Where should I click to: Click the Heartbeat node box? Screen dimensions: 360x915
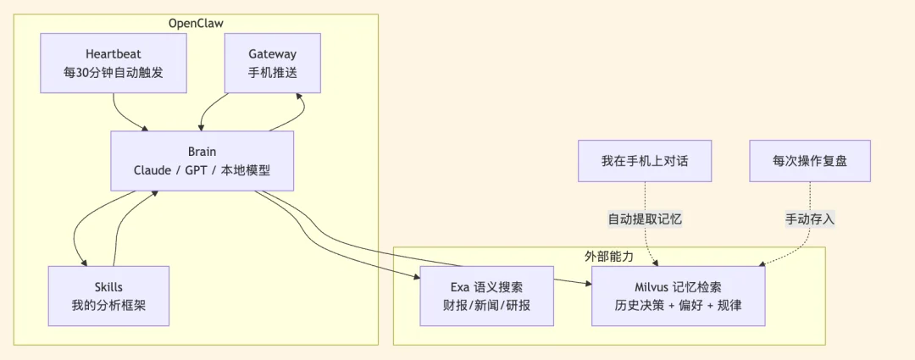(113, 64)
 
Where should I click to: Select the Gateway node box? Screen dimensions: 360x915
(273, 64)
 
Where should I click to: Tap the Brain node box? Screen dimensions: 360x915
(202, 161)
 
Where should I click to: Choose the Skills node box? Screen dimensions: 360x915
(108, 296)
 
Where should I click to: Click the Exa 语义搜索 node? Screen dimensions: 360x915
(487, 296)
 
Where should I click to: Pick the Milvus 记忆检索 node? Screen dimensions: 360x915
(678, 296)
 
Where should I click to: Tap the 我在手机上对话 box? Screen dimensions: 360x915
(645, 161)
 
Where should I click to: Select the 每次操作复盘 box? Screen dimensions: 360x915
(810, 161)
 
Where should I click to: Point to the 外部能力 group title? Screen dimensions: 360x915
(608, 255)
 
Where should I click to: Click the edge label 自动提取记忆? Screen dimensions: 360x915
(645, 219)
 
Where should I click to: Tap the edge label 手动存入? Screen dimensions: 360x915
(810, 219)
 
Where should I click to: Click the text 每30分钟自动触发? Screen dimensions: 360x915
(113, 73)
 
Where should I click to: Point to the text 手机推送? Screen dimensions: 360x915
(273, 73)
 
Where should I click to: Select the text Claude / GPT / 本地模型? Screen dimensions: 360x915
(202, 170)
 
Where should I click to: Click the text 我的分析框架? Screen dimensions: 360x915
(108, 305)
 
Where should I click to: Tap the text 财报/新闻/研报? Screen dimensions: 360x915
(487, 305)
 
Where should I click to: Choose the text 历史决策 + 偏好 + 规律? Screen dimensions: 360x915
(678, 305)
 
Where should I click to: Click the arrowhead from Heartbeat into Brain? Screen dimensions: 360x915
(145, 128)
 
